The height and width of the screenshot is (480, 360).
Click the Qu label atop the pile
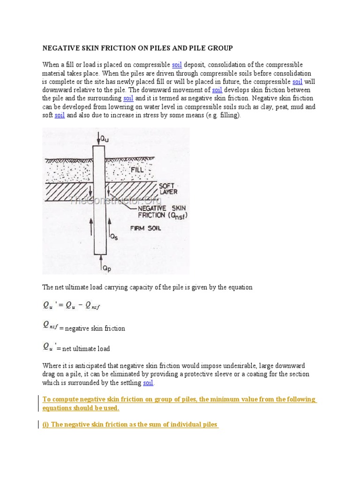pos(110,138)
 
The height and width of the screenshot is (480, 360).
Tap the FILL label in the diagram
pos(137,169)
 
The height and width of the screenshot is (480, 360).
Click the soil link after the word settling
pos(148,383)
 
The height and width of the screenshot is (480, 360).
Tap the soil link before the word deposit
pos(177,65)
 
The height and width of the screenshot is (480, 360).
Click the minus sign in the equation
pos(79,306)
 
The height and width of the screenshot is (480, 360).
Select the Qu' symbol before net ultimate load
pos(49,347)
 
